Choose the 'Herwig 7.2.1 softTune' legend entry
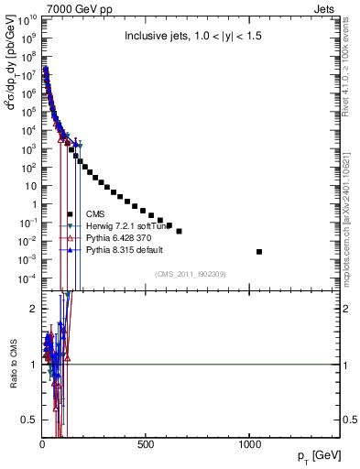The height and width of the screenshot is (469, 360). tap(128, 225)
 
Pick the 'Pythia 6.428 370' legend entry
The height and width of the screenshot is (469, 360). tap(120, 237)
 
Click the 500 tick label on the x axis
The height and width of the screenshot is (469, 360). tap(145, 445)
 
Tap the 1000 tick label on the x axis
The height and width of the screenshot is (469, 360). tap(249, 445)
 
